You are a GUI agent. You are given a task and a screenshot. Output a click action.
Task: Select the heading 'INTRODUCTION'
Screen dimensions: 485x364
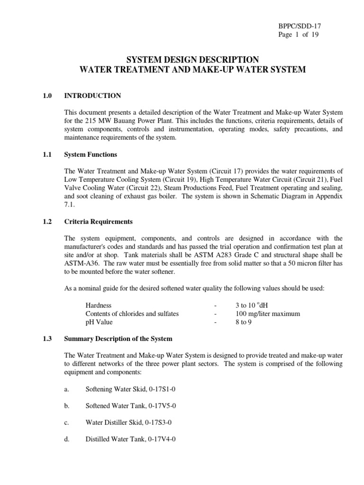click(x=92, y=96)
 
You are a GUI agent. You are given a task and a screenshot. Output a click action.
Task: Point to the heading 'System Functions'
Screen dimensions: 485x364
click(x=91, y=154)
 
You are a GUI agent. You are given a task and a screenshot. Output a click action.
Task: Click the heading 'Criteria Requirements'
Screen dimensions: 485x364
click(x=99, y=222)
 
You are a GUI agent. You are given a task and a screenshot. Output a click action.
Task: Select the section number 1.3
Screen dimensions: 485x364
click(x=47, y=339)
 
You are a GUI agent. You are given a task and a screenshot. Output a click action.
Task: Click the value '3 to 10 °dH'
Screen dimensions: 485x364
click(x=252, y=305)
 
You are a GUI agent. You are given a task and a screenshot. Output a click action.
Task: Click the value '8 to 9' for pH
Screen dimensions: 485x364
click(x=245, y=323)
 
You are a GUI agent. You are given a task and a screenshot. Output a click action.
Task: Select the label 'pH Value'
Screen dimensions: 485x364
click(x=99, y=323)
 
